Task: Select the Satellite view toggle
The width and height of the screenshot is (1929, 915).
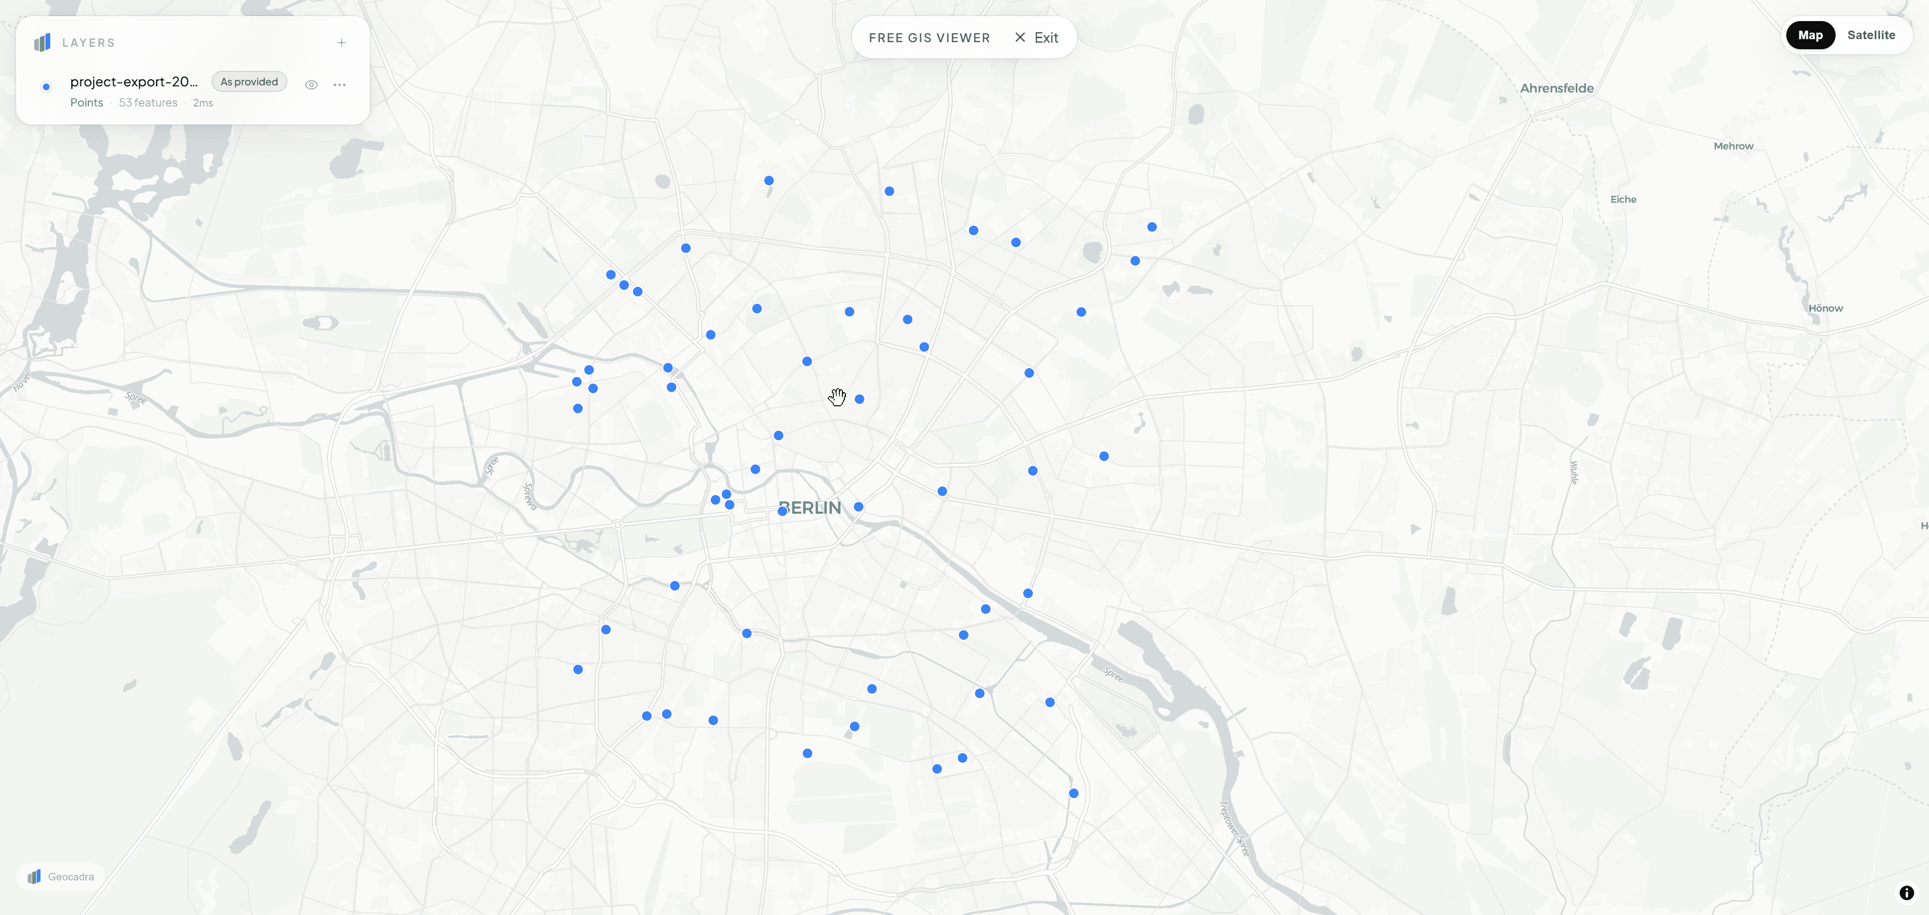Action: (x=1871, y=35)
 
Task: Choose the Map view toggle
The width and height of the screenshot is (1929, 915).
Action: (x=1810, y=35)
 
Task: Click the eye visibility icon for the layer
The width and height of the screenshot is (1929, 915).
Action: (x=311, y=84)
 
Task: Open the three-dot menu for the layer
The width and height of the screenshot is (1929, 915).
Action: (x=339, y=84)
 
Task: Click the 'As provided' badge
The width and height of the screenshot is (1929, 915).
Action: (x=249, y=82)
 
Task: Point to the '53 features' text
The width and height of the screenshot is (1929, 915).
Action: (x=148, y=102)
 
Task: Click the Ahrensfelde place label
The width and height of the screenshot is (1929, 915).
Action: (x=1556, y=88)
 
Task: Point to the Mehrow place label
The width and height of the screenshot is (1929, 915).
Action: (x=1733, y=146)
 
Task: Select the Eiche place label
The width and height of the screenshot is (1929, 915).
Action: (x=1623, y=199)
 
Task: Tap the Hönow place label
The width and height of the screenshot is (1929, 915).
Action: (x=1825, y=308)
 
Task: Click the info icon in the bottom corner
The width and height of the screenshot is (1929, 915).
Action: (x=1906, y=892)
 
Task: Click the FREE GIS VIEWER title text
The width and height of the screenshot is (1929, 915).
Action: (x=928, y=38)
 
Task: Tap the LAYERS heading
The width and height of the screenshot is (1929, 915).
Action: (x=88, y=43)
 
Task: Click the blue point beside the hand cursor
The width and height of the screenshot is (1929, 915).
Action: (x=860, y=399)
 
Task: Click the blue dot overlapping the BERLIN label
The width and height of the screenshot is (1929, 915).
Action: (x=783, y=511)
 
